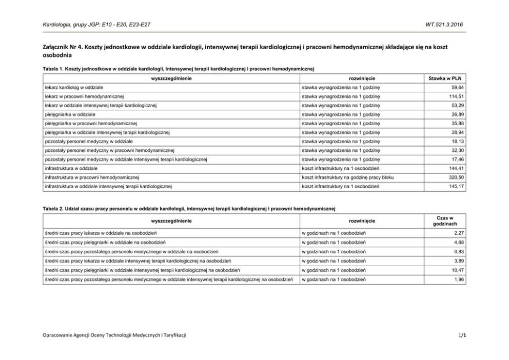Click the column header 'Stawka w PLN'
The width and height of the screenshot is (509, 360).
coord(445,78)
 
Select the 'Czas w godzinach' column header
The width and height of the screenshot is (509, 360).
coord(445,221)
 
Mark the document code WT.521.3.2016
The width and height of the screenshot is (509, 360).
coord(444,24)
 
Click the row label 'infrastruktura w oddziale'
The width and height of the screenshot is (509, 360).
coord(71,168)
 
